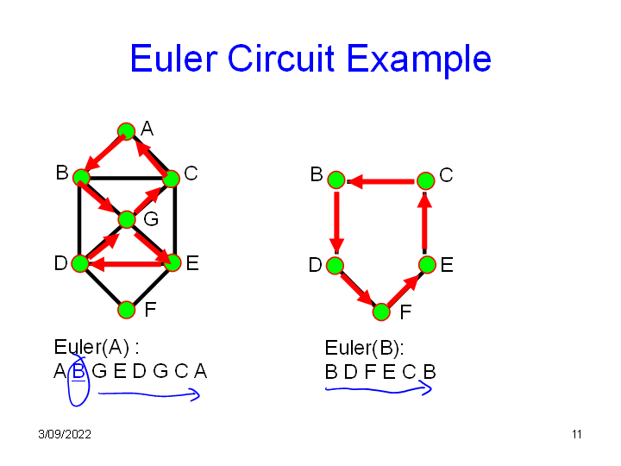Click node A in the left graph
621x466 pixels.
[x=126, y=132]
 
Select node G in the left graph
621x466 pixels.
[x=127, y=219]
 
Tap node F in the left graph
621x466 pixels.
[x=127, y=309]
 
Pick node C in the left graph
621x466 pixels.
[x=171, y=179]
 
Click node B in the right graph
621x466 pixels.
[x=336, y=180]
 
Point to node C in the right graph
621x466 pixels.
[x=425, y=180]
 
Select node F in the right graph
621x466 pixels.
[x=381, y=312]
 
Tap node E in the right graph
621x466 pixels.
[x=426, y=264]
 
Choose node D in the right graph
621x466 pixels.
[x=336, y=264]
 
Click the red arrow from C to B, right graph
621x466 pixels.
[x=380, y=181]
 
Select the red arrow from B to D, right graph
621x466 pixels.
[x=336, y=222]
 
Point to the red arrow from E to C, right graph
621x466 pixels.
[x=425, y=222]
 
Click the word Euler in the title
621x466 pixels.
[x=173, y=59]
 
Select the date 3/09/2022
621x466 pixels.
[x=65, y=434]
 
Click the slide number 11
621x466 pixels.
[x=576, y=434]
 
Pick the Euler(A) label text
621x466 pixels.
[x=96, y=348]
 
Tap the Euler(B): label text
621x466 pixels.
[x=364, y=349]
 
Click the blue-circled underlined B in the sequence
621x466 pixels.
[x=78, y=373]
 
